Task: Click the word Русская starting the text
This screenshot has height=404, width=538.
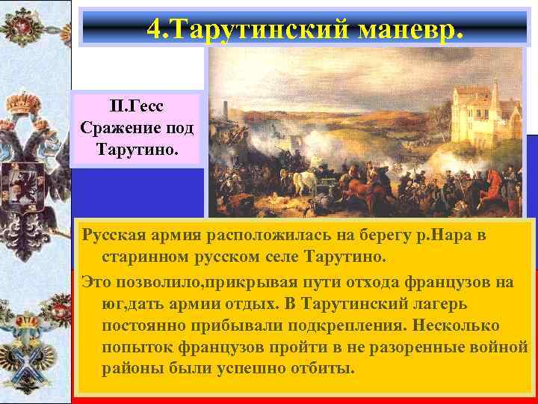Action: pos(116,236)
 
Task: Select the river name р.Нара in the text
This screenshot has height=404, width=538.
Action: pos(449,236)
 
